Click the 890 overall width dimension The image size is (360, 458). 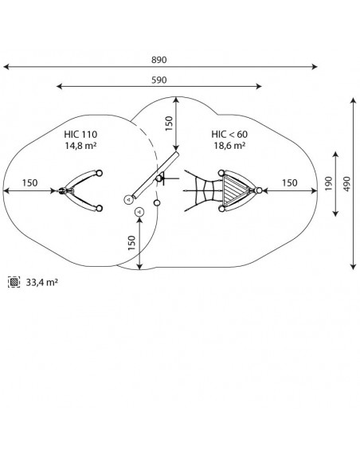click(x=158, y=60)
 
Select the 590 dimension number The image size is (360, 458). click(x=158, y=80)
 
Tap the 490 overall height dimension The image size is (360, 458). click(x=346, y=184)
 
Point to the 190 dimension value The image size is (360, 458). click(x=329, y=184)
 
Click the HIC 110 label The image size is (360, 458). click(x=80, y=135)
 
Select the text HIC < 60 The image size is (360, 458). click(x=229, y=135)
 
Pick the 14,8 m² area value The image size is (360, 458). click(x=80, y=146)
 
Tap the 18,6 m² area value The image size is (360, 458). click(x=229, y=146)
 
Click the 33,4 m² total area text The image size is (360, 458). click(x=42, y=283)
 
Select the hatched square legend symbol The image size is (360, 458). click(x=14, y=282)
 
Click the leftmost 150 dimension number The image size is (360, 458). click(x=29, y=183)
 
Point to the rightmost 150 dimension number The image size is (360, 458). click(x=290, y=183)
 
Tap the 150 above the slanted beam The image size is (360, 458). click(x=169, y=123)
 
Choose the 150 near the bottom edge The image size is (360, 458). click(x=132, y=243)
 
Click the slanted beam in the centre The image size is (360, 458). click(x=155, y=174)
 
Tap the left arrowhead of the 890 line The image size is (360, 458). click(x=6, y=67)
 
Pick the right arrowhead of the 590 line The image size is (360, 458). click(x=258, y=86)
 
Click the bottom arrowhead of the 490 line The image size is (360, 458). click(x=354, y=266)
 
